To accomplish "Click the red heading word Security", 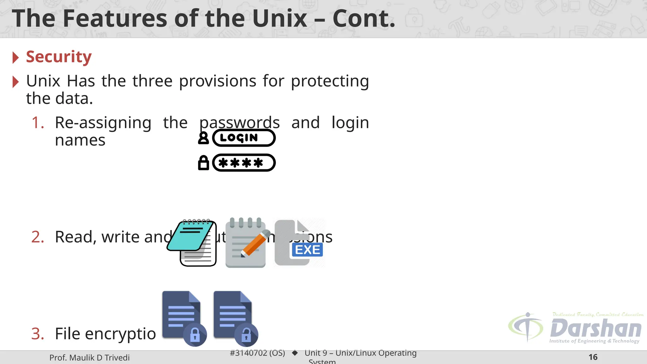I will (59, 57).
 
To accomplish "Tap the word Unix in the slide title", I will (280, 18).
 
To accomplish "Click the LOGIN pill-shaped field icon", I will (244, 138).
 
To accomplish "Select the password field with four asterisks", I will (244, 163).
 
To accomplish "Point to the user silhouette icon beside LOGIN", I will (203, 138).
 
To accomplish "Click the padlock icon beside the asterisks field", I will (203, 163).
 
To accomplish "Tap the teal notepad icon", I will (192, 243).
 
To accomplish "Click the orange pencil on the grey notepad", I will (255, 243).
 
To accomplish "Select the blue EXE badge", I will (307, 250).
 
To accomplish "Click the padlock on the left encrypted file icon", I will (195, 335).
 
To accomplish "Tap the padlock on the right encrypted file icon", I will (246, 335).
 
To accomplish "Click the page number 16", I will (593, 357).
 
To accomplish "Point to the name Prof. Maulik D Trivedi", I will (89, 358).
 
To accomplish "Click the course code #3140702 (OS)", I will (257, 353).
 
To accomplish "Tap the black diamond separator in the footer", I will (295, 353).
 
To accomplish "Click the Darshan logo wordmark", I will (596, 329).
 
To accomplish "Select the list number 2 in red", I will (38, 237).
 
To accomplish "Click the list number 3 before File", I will (38, 334).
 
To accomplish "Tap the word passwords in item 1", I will (239, 123).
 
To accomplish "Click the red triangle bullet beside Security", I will (15, 58).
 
